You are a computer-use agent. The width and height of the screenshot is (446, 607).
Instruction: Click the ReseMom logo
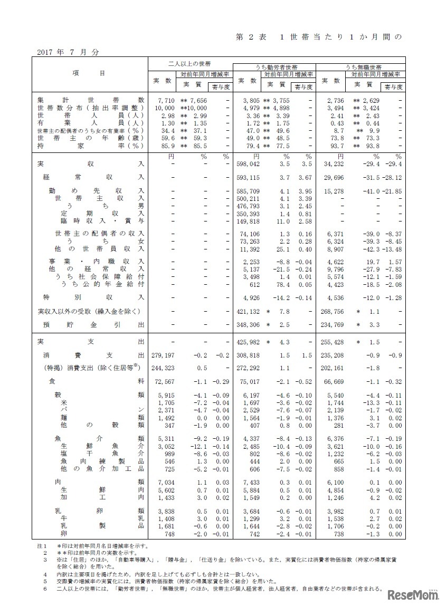tap(413, 595)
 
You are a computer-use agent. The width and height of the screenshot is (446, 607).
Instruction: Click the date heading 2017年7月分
tap(69, 52)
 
